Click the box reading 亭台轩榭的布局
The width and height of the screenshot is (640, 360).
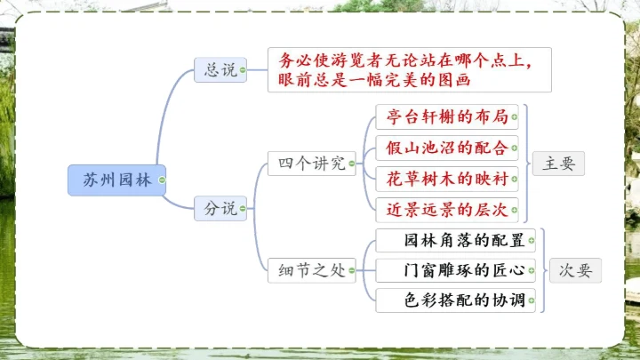[x=446, y=116]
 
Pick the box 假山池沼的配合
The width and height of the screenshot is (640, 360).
[x=446, y=148]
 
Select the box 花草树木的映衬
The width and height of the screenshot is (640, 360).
[x=446, y=179]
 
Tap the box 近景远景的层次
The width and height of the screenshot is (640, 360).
[x=446, y=210]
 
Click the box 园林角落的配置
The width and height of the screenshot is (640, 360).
[x=456, y=241]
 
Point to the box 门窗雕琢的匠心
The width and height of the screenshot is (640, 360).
[x=456, y=271]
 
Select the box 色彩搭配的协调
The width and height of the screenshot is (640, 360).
[x=456, y=300]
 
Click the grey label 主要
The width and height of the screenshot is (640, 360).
[x=559, y=163]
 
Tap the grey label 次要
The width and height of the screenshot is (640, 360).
[x=575, y=271]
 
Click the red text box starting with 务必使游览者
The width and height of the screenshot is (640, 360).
[x=409, y=69]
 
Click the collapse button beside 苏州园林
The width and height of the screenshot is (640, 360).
[x=161, y=180]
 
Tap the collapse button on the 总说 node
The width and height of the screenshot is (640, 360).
[x=243, y=69]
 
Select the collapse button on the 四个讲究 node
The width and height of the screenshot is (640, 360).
[x=352, y=163]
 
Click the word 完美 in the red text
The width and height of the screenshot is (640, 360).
[x=411, y=80]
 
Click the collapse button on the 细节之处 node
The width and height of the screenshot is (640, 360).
[x=352, y=271]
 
